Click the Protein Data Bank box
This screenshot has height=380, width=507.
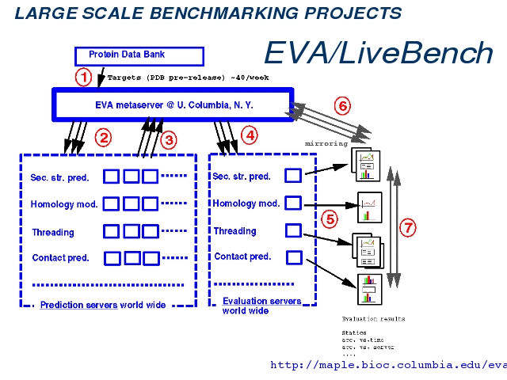coord(139,55)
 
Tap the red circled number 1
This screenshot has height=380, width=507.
coord(83,78)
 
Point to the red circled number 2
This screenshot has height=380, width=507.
coord(102,137)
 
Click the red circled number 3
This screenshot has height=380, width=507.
coord(168,140)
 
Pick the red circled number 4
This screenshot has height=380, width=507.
coord(250,135)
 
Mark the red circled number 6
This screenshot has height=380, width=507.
coord(341,106)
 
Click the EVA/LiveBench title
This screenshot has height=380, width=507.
coord(378,52)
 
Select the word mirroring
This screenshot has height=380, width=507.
coord(326,144)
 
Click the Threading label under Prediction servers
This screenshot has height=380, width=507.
coord(53,233)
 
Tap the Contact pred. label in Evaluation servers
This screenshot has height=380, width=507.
coord(242,256)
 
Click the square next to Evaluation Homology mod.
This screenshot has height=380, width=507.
coord(293,203)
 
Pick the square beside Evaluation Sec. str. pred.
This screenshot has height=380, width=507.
coord(293,177)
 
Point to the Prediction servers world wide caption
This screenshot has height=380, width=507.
coord(103,305)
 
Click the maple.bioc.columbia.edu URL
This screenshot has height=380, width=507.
coord(388,365)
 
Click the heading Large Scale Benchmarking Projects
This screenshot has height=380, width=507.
coord(208,13)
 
